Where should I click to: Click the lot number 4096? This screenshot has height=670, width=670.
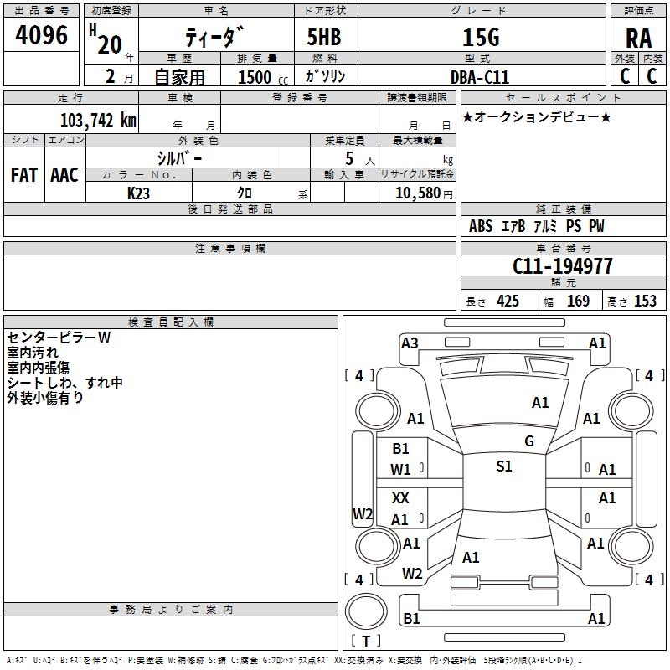pyautogui.click(x=43, y=35)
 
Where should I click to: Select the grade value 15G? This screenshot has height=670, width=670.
pyautogui.click(x=480, y=38)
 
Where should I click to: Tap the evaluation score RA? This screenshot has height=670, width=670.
pyautogui.click(x=638, y=38)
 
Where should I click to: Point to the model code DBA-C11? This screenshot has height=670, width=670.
pyautogui.click(x=479, y=76)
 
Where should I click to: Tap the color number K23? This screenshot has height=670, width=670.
pyautogui.click(x=139, y=193)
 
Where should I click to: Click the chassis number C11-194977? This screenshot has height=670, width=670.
pyautogui.click(x=563, y=266)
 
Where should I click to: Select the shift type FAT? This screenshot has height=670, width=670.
pyautogui.click(x=23, y=174)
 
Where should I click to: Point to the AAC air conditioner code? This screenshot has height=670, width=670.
pyautogui.click(x=64, y=174)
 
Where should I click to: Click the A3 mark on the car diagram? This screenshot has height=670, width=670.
pyautogui.click(x=410, y=343)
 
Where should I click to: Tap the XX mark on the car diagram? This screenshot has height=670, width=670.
pyautogui.click(x=401, y=498)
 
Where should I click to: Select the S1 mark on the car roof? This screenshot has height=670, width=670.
pyautogui.click(x=503, y=466)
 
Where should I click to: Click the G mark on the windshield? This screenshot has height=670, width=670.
pyautogui.click(x=529, y=441)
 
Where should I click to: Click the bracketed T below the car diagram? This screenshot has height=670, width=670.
pyautogui.click(x=366, y=642)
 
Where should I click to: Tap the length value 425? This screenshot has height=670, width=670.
pyautogui.click(x=508, y=301)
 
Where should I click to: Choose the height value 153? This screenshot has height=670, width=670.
pyautogui.click(x=644, y=301)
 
